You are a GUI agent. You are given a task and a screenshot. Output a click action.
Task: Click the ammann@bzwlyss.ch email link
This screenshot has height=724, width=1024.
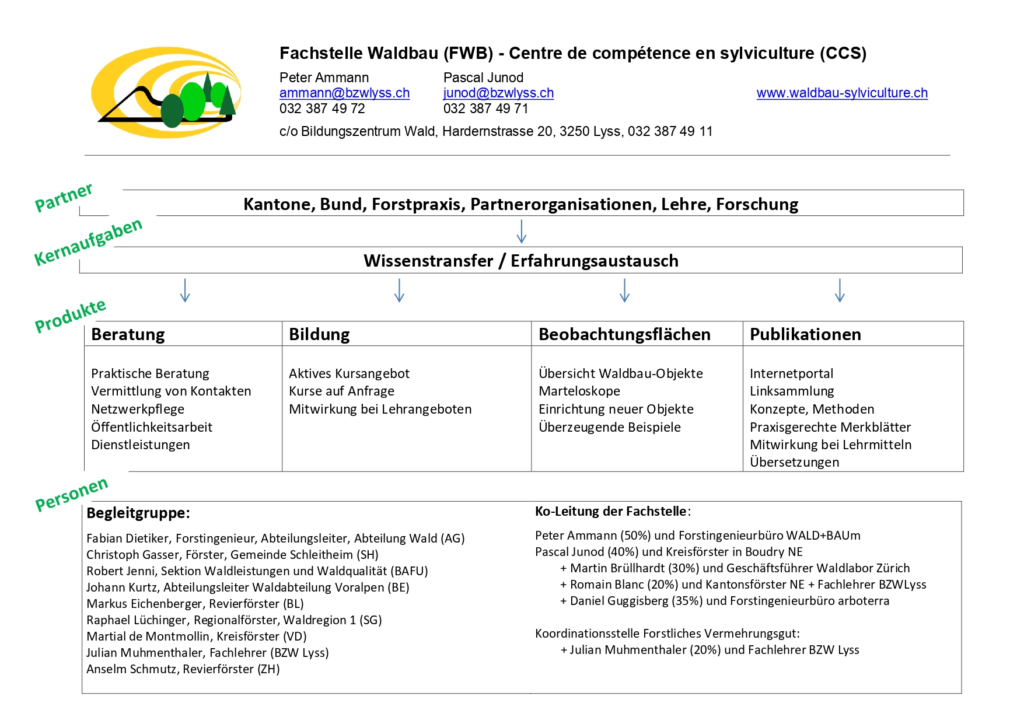tap(344, 93)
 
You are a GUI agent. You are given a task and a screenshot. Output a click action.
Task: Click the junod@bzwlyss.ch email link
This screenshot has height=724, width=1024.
tap(498, 93)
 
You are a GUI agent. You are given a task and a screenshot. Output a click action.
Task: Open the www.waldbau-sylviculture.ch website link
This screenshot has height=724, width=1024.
tap(842, 93)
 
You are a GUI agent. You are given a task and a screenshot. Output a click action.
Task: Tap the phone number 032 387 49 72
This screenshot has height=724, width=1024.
tap(322, 109)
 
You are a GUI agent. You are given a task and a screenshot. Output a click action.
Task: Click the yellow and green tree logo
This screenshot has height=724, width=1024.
tap(166, 92)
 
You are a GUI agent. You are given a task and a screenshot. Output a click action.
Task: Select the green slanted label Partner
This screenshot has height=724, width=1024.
tap(64, 197)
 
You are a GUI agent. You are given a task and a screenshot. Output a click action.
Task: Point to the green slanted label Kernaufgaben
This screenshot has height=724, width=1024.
tap(88, 242)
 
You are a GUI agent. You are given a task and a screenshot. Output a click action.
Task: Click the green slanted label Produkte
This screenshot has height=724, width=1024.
tap(71, 316)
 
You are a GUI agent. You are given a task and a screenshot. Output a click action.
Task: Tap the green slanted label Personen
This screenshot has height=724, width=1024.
tap(72, 494)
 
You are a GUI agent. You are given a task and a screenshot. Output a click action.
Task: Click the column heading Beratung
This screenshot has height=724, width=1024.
tap(128, 334)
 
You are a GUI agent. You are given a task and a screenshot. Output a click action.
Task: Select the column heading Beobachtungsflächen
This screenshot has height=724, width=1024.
tap(624, 334)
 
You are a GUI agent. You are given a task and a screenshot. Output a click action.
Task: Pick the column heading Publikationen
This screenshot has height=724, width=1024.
tap(805, 334)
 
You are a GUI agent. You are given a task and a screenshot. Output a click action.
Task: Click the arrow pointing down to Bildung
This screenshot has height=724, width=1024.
tap(400, 290)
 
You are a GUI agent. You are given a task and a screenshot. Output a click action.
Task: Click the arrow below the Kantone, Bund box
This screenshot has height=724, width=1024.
tap(522, 231)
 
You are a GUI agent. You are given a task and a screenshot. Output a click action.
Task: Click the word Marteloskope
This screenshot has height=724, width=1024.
tap(579, 391)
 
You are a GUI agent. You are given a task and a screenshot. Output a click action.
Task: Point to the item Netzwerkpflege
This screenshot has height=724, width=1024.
tap(138, 409)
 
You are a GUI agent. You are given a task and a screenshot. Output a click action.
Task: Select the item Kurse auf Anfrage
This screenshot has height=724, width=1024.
tap(341, 391)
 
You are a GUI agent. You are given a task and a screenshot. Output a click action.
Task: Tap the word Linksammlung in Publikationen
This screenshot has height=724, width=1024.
tap(792, 391)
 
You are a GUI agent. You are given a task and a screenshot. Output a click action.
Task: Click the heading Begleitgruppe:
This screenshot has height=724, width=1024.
tap(138, 513)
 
